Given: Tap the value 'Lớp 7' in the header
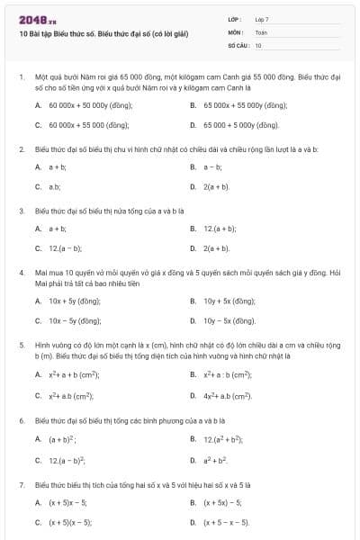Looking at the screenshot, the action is coord(262,18).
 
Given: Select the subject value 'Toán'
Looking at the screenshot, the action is coord(261,31).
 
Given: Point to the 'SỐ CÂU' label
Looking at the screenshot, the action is coord(237,44).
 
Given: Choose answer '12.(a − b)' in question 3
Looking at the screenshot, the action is coord(65,247).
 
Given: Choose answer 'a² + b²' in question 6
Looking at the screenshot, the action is coord(216,459).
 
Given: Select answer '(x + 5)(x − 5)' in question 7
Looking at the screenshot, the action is coord(74,521).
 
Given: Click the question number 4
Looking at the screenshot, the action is coord(21,271).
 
